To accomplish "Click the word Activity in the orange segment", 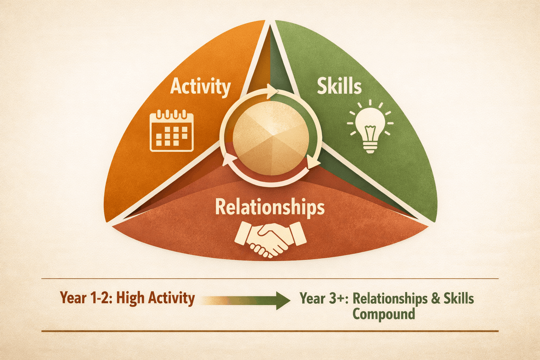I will click(x=200, y=86).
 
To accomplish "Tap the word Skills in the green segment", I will click(x=339, y=86).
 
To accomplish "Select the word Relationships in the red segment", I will click(x=270, y=207).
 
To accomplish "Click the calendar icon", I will click(x=172, y=131).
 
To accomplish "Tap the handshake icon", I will click(x=270, y=239).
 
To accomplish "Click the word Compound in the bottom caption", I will click(x=384, y=313).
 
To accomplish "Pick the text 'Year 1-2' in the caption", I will click(x=85, y=298).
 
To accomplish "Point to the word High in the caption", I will click(x=130, y=298).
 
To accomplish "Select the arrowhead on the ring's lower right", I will click(x=313, y=162).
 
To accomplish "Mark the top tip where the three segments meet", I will click(x=270, y=25).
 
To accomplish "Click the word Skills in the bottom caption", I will click(x=458, y=298).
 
